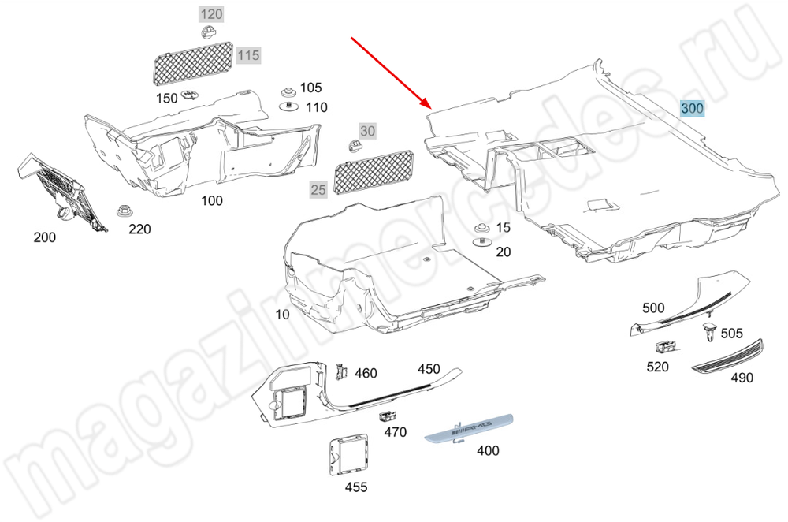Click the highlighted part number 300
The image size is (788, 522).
coord(692,108)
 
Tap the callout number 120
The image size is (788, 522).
coord(211,14)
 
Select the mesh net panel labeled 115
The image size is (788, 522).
coord(192,63)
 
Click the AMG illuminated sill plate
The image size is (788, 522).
coord(468,428)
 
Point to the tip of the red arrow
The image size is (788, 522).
coord(432,108)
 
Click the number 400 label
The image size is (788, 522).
coord(488,450)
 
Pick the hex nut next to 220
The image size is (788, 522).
coord(124,211)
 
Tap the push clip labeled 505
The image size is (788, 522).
coord(709,332)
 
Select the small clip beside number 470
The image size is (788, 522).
coord(386,416)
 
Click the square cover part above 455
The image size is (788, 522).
coord(348,455)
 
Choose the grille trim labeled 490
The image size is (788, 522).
coord(727,356)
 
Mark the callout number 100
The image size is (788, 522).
coord(211,201)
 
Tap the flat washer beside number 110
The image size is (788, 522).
coord(289,106)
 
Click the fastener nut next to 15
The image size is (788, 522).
coord(482,227)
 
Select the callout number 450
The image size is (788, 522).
coord(429,369)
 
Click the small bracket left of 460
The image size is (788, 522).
coord(342,371)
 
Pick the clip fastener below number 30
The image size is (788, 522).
coord(355,146)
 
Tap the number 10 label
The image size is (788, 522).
coord(282,315)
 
